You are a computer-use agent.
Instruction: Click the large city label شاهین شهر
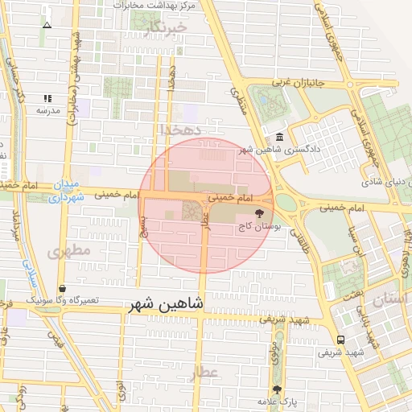177,306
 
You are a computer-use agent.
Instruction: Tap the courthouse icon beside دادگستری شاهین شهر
278,137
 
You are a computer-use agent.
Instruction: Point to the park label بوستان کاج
255,228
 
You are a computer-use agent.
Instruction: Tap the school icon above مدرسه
47,97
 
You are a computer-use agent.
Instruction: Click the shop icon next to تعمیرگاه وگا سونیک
62,288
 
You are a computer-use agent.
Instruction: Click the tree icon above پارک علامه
278,389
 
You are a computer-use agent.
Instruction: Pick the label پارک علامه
278,401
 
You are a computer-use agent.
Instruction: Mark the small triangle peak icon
47,25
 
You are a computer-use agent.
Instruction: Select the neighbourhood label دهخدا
178,129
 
